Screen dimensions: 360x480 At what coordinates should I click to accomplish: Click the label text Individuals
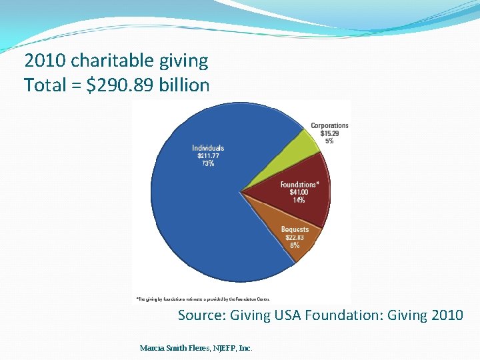(x=208, y=148)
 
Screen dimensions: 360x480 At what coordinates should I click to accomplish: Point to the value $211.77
(x=208, y=156)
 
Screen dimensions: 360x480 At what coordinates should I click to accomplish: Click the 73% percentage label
(x=208, y=164)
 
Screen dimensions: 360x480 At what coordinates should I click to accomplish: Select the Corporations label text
(x=329, y=125)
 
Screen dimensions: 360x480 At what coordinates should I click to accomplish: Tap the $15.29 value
(x=329, y=133)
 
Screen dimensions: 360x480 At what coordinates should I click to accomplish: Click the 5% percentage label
(x=329, y=141)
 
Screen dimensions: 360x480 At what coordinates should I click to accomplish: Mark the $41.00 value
(x=299, y=193)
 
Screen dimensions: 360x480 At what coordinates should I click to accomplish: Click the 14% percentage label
(x=299, y=201)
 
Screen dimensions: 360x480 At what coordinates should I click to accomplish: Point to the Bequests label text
(x=295, y=229)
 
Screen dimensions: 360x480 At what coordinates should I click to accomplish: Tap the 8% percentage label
(x=295, y=245)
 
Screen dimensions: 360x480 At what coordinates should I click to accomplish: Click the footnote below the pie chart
(x=203, y=299)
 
